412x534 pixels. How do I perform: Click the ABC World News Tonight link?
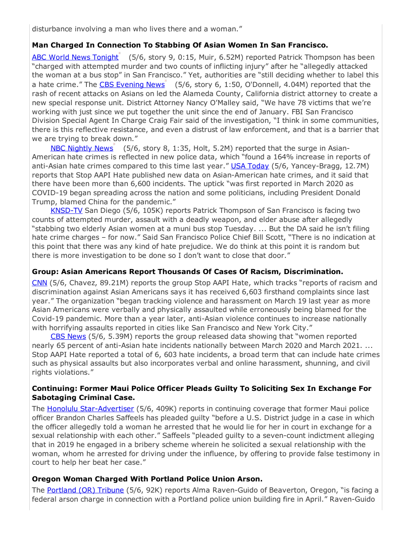(75, 57)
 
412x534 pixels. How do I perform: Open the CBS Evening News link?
(132, 84)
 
